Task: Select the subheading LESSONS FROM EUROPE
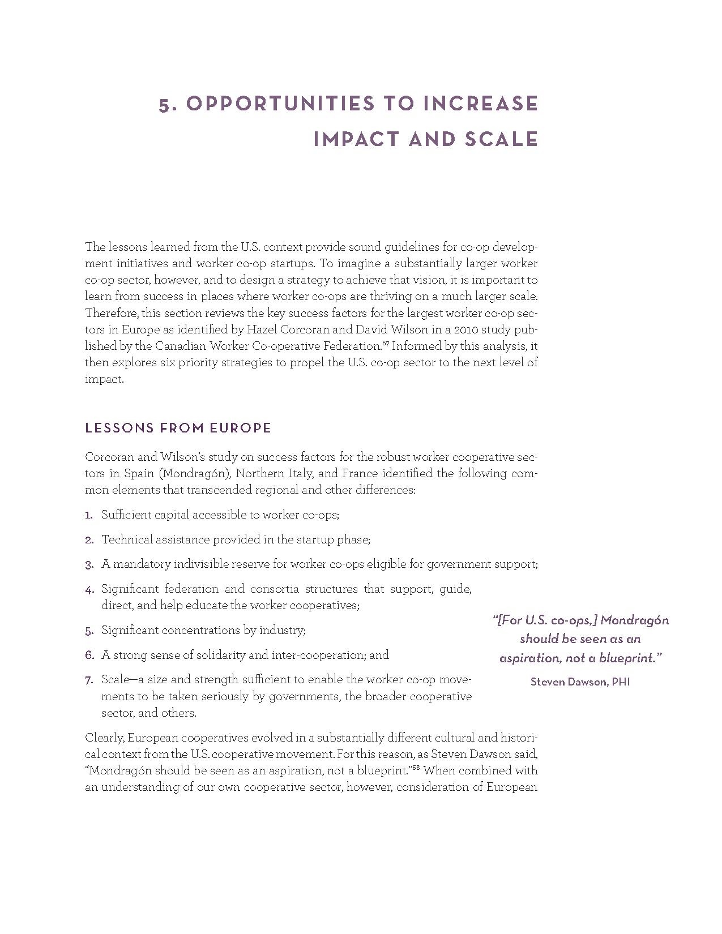[x=178, y=428]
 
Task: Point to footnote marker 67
[x=385, y=343]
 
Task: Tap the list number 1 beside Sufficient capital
[x=88, y=515]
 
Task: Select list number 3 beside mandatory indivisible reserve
[x=89, y=565]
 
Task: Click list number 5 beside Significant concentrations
[x=89, y=631]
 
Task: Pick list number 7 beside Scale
[x=89, y=680]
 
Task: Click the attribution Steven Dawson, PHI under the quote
[x=580, y=682]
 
